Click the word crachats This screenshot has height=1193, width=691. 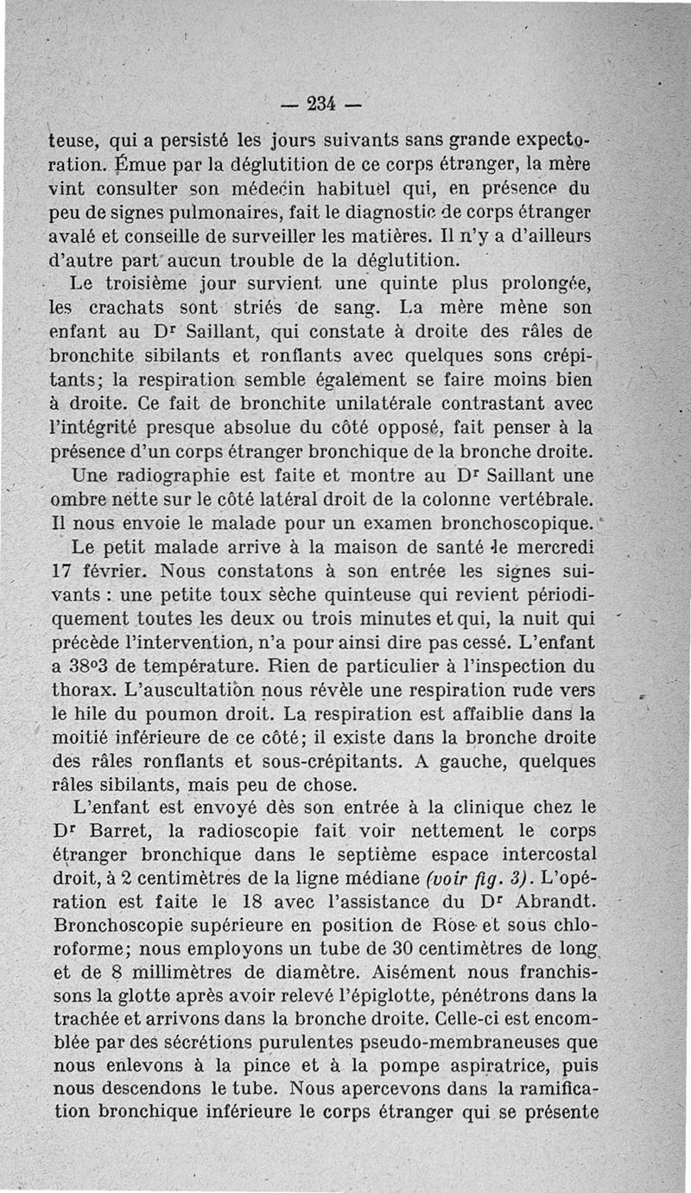click(x=131, y=308)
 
